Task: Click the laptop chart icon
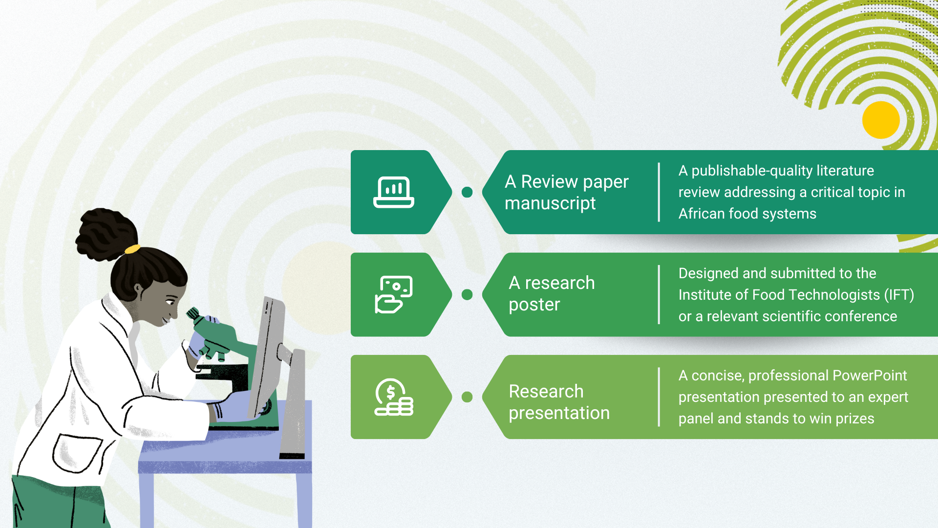tap(394, 192)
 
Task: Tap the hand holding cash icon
tap(394, 294)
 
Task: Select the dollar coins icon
tap(394, 397)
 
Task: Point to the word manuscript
tap(550, 203)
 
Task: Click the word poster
tap(534, 305)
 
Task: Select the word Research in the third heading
tap(546, 391)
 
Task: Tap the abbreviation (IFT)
tap(899, 295)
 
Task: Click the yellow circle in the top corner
tap(881, 120)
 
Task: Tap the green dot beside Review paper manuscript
tap(467, 192)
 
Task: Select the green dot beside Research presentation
tap(467, 397)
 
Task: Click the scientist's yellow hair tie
tap(132, 249)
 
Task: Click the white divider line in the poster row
tap(659, 294)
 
